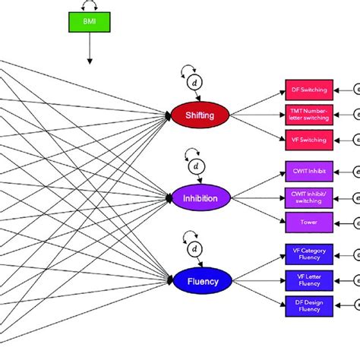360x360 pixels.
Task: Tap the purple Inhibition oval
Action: [200, 198]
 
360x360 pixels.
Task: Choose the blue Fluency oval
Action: [199, 281]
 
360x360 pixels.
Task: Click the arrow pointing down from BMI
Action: [90, 52]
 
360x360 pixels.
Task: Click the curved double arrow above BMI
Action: [90, 6]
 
